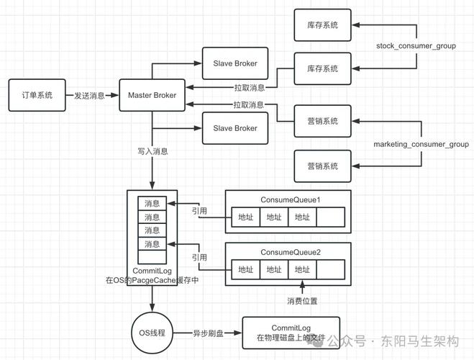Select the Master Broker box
(152, 96)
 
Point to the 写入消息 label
(152, 152)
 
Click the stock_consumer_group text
(416, 46)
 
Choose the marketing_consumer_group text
(421, 145)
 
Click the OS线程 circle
(152, 333)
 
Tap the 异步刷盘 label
(209, 334)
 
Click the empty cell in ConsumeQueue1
(331, 217)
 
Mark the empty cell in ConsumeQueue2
(331, 269)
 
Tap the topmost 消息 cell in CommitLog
(152, 204)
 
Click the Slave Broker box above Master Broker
(234, 63)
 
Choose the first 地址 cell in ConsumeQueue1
(245, 217)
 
